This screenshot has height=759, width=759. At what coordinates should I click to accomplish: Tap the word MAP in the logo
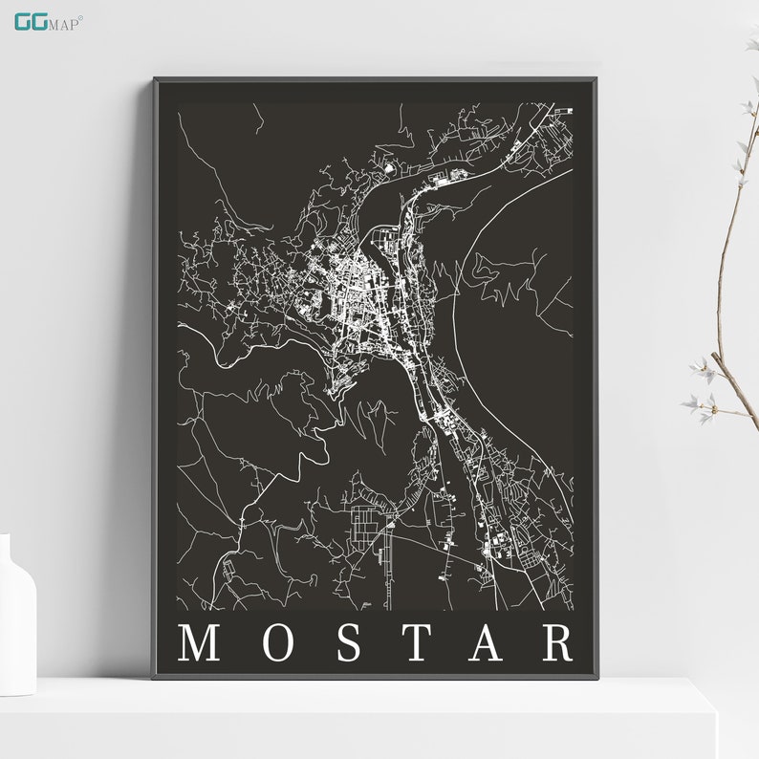coord(65,22)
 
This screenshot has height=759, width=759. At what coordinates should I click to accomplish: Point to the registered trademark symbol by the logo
coord(81,16)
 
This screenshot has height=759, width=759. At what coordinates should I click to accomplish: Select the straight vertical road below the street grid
coord(388,574)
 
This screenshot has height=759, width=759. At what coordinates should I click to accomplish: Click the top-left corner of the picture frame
coord(155,80)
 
